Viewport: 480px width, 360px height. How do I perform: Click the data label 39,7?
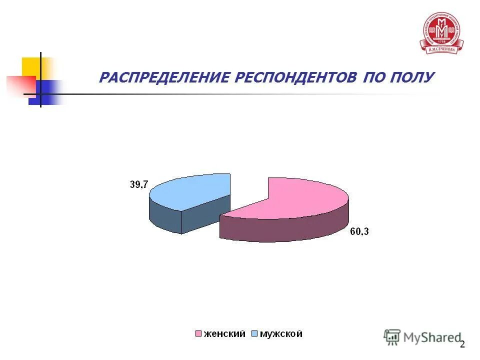point(139,184)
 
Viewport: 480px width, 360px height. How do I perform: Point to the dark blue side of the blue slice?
point(165,215)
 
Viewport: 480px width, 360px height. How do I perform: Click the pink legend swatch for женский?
point(198,334)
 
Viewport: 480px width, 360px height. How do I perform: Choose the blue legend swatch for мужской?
point(254,334)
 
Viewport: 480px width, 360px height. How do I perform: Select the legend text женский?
point(223,334)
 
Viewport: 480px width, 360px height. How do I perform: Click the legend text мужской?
point(280,334)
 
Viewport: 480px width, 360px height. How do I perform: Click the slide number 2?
point(462,344)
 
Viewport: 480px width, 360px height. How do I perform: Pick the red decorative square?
point(20,85)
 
